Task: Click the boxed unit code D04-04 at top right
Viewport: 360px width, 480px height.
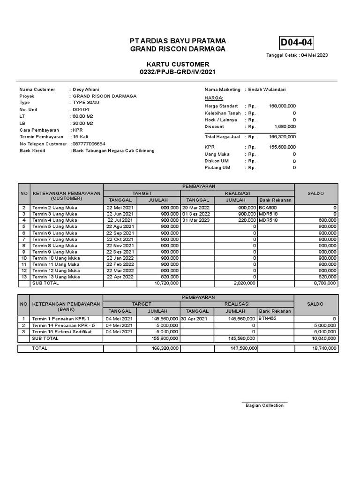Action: [x=296, y=44]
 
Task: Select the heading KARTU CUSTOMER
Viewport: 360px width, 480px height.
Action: [x=177, y=64]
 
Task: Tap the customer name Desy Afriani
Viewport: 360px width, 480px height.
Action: [x=86, y=90]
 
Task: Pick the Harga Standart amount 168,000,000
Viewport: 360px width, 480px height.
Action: [x=282, y=106]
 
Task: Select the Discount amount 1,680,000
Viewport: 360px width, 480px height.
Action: [x=285, y=127]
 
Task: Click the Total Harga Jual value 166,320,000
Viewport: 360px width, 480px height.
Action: [x=282, y=137]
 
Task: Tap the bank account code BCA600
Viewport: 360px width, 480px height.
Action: [x=268, y=207]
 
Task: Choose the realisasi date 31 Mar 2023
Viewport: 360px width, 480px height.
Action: [x=196, y=220]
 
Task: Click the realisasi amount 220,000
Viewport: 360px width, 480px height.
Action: [x=247, y=220]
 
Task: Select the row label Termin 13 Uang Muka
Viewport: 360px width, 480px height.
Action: [x=56, y=277]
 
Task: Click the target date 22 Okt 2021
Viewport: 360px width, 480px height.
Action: [x=120, y=239]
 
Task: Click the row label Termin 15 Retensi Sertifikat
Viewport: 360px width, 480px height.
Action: [x=61, y=331]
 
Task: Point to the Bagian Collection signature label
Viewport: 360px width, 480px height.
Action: [x=264, y=405]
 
